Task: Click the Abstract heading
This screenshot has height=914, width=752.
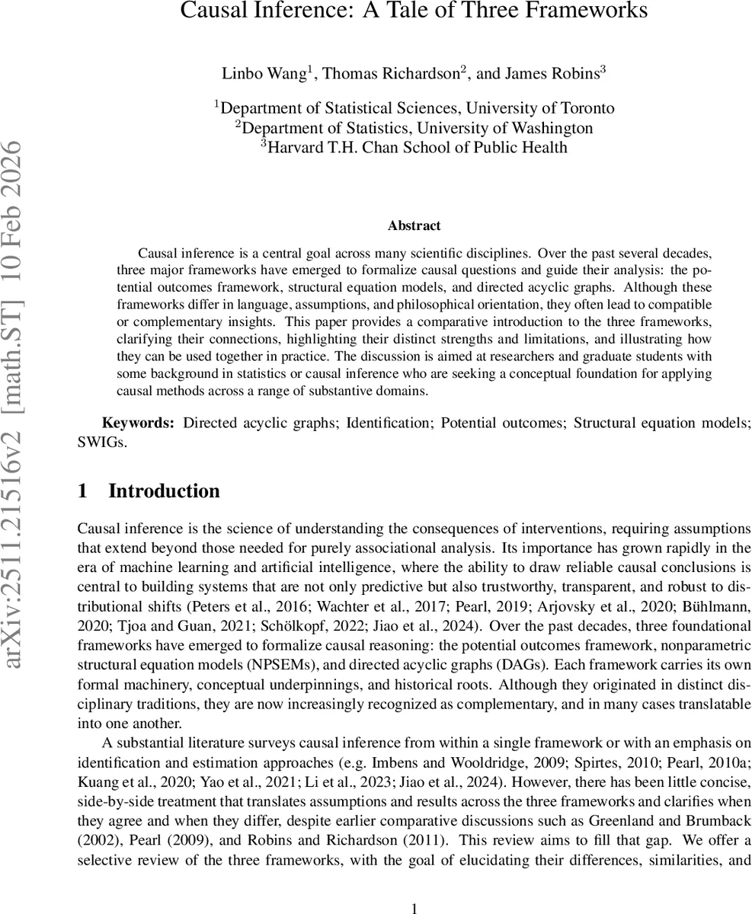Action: coord(414,225)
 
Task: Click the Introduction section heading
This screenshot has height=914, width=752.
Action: coord(164,491)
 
